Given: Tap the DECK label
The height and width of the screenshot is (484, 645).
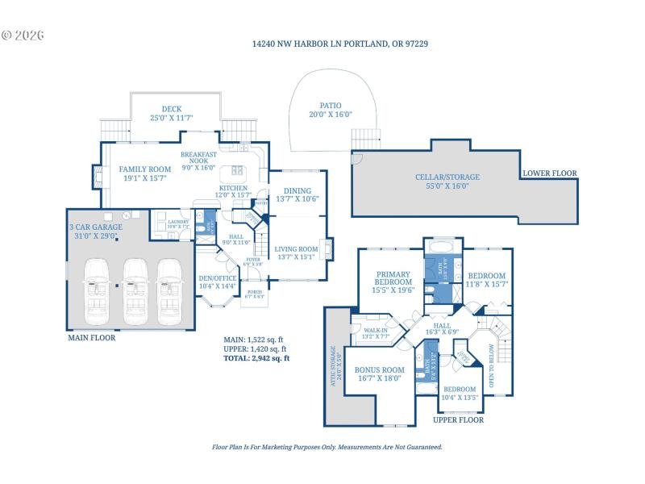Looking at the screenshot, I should pos(171,114).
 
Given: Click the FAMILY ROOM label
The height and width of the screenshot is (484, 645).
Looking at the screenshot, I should pos(145,173).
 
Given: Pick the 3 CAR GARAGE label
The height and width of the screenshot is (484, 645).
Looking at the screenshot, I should pos(96,232).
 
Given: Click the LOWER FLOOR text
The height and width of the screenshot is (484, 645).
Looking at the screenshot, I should pos(550,173).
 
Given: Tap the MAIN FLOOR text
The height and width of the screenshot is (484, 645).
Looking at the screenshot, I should pos(91,338).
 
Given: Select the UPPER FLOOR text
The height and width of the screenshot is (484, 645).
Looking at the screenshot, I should pos(458,420).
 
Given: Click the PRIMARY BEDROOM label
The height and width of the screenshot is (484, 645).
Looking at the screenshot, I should pos(393,286).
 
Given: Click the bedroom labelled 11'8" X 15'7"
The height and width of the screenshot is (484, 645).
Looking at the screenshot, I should pos(487,280).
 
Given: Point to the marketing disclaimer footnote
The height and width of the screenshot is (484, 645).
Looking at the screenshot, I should pos(327,446).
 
